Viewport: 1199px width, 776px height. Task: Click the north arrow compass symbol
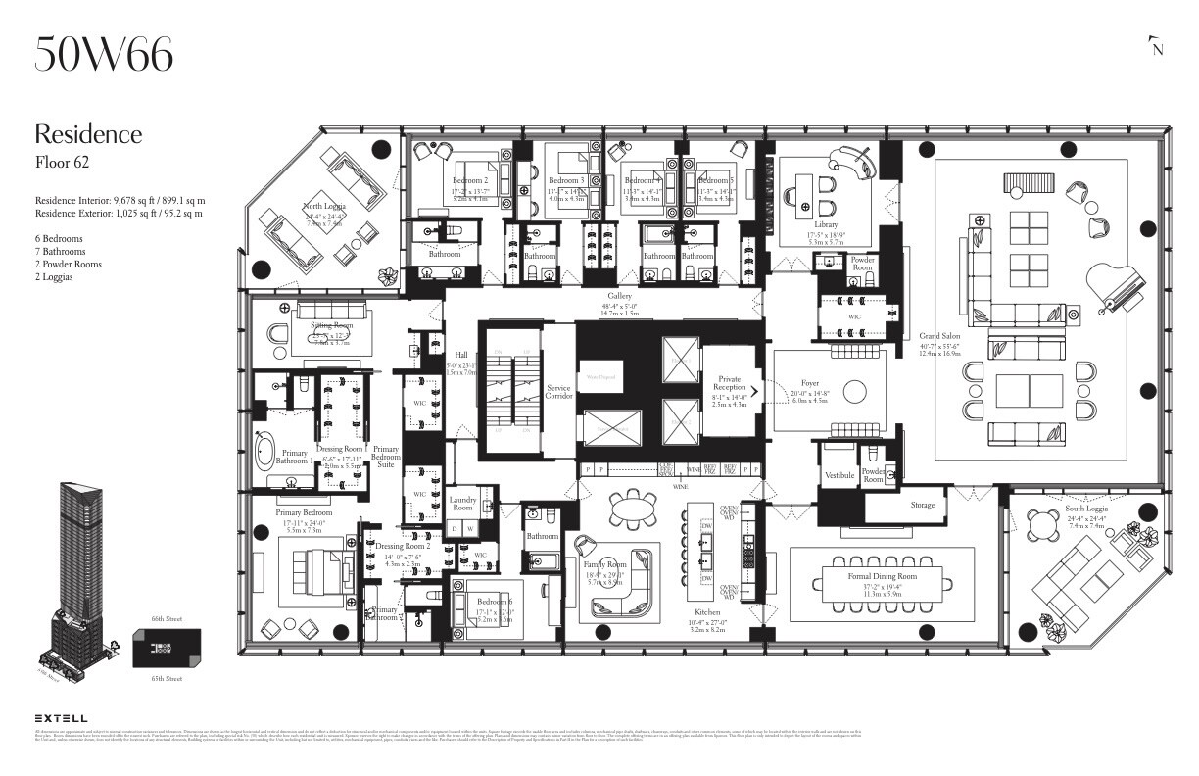click(1156, 47)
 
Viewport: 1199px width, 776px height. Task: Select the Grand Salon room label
click(939, 336)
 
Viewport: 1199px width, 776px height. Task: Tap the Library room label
click(825, 224)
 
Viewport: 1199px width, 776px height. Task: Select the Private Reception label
click(729, 383)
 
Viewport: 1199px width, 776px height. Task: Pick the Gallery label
click(619, 295)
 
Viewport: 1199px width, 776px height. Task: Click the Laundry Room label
click(462, 503)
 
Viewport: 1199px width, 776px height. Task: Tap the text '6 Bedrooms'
click(64, 238)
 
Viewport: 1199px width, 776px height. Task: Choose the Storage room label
click(922, 506)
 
